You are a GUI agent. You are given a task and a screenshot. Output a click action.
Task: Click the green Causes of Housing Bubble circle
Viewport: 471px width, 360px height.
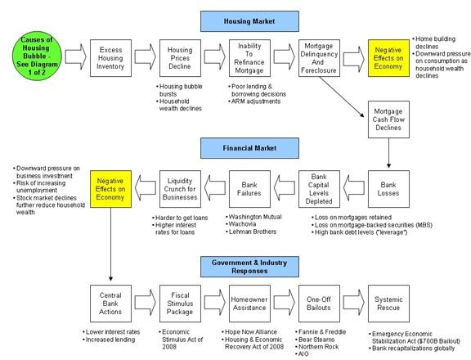click(37, 56)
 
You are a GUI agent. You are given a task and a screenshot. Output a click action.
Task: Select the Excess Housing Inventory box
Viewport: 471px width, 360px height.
click(110, 58)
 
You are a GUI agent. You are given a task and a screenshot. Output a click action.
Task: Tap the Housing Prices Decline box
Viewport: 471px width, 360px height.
click(180, 58)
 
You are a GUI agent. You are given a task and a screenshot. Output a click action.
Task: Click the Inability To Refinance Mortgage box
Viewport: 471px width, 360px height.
click(249, 58)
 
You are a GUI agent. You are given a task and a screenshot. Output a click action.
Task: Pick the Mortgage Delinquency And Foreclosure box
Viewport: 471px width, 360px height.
click(319, 58)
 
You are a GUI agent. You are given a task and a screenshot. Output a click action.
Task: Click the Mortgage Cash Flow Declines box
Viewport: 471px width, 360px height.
click(388, 119)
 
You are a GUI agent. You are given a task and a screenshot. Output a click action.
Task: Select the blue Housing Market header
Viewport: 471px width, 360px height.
click(249, 21)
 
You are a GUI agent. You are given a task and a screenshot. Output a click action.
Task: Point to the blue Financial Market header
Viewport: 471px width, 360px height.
click(249, 148)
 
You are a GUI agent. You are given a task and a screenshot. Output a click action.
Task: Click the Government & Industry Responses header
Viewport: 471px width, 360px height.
click(249, 267)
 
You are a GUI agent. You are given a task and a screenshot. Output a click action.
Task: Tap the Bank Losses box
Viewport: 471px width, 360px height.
click(388, 189)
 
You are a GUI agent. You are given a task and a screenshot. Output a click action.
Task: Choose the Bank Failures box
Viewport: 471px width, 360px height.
click(249, 189)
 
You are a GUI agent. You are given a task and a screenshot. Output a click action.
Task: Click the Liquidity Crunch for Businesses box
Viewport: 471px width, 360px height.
click(180, 189)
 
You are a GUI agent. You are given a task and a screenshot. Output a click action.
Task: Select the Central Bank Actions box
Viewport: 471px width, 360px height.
click(110, 304)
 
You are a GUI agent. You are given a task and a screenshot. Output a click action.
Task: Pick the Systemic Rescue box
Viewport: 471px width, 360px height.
click(388, 304)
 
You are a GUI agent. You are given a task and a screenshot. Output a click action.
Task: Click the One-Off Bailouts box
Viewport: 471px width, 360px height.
click(319, 304)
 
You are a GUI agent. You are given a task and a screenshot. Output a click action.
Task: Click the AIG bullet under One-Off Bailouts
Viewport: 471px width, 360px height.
click(303, 354)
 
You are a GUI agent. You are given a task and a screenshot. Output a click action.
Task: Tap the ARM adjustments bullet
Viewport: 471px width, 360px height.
click(254, 101)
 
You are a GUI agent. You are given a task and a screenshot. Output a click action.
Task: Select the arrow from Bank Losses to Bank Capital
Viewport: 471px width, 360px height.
click(354, 188)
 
